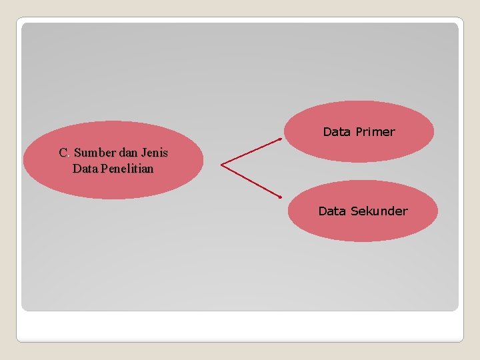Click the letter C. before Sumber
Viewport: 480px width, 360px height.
[x=64, y=153]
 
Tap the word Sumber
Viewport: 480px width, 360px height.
[x=96, y=153]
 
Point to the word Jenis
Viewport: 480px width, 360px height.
[x=155, y=153]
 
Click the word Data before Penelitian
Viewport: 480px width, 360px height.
[x=85, y=169]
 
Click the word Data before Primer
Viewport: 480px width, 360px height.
[x=337, y=132]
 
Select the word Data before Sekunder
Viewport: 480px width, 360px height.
[x=332, y=211]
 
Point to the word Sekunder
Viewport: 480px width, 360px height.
[x=379, y=211]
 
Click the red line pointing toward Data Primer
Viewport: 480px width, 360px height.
[x=251, y=151]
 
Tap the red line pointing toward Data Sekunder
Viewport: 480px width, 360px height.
[x=251, y=181]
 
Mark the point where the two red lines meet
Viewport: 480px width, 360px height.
[x=221, y=165]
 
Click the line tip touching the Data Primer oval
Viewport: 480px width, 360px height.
[x=281, y=139]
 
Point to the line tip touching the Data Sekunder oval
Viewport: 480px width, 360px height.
[x=281, y=197]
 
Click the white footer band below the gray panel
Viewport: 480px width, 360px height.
[x=240, y=327]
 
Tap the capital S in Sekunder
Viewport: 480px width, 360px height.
[x=354, y=211]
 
